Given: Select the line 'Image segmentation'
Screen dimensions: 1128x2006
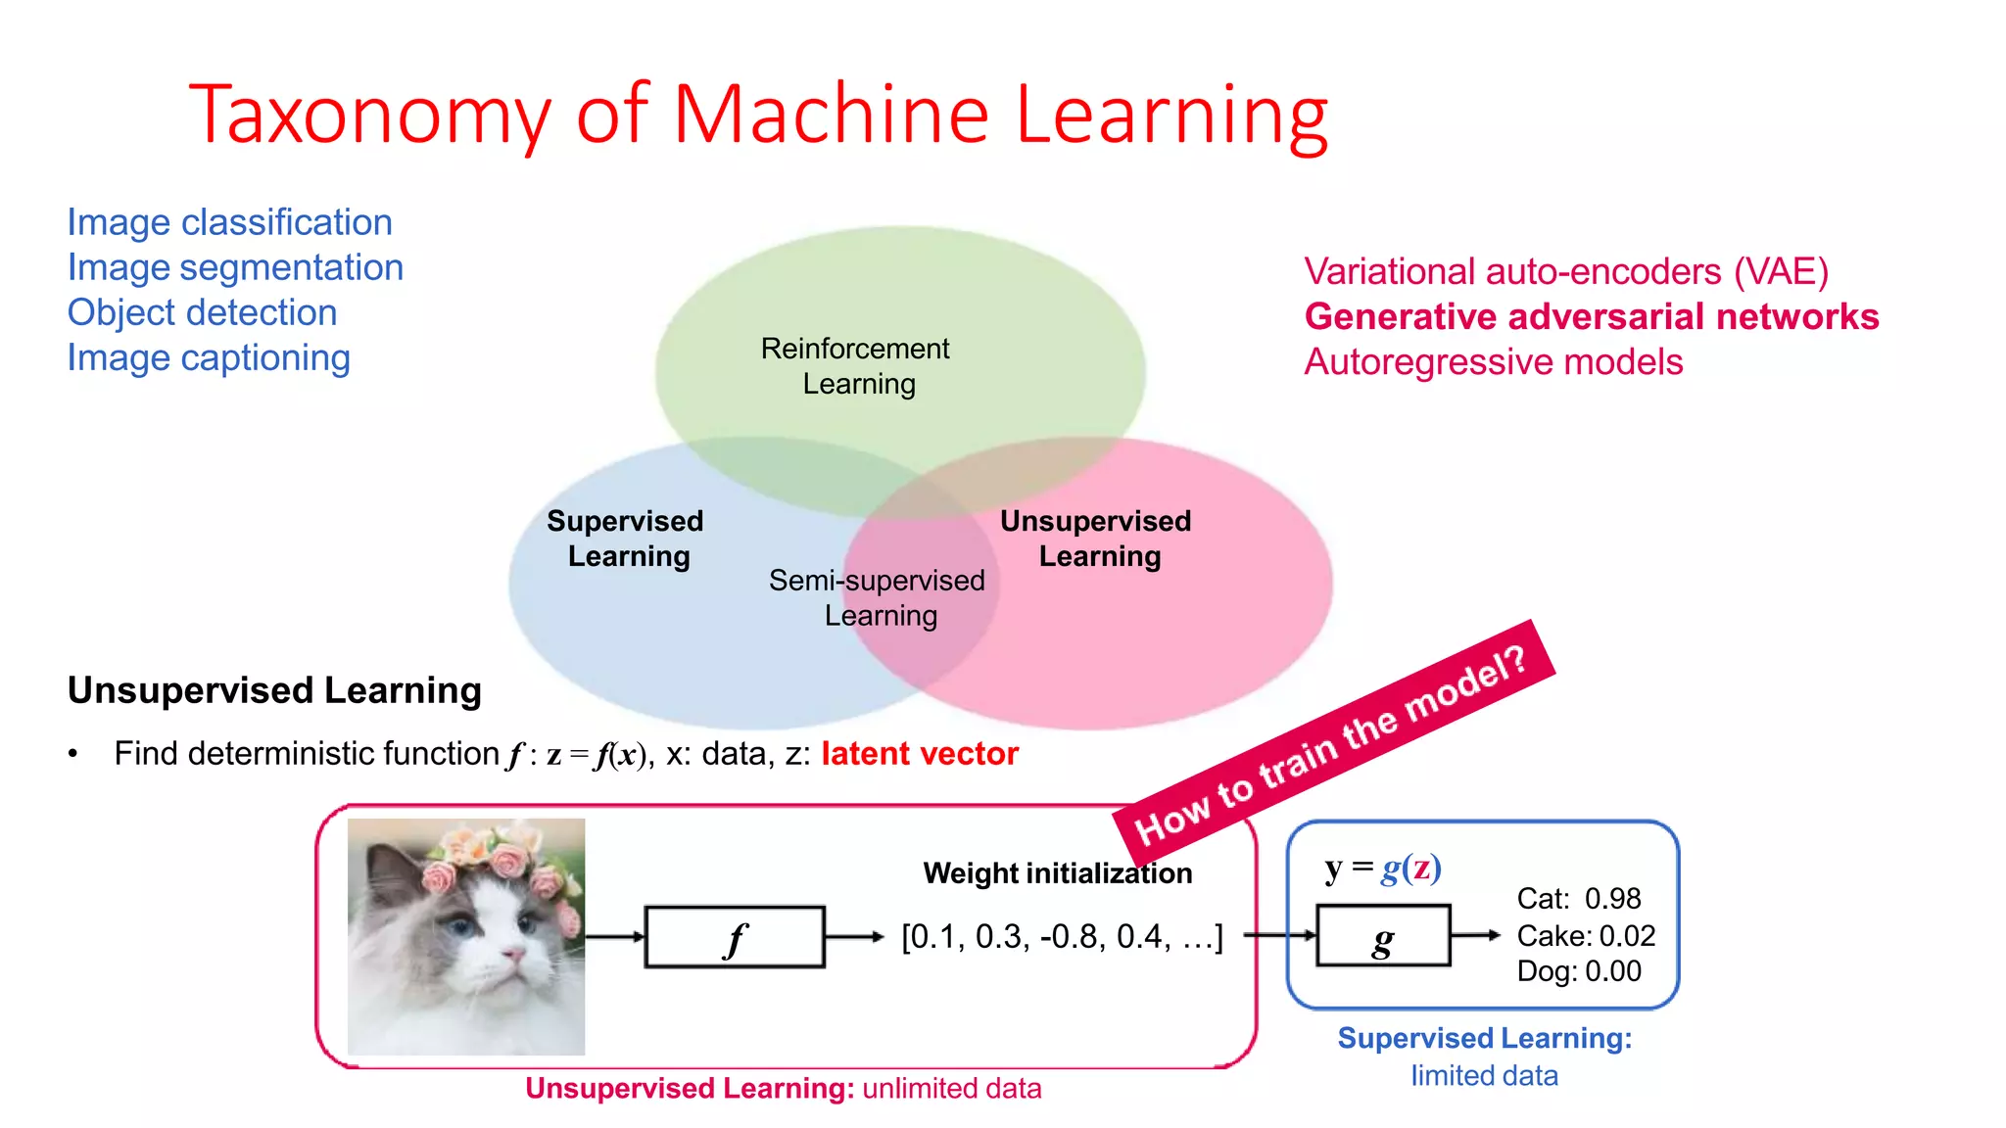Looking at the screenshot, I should pos(235,267).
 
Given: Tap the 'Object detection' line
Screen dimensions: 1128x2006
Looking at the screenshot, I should pos(202,312).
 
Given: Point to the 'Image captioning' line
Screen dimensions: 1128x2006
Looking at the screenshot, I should pos(208,357).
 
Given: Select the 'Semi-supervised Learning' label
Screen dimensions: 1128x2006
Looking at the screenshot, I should pos(877,597).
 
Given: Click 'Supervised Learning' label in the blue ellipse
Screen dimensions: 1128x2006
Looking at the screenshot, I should pos(626,538).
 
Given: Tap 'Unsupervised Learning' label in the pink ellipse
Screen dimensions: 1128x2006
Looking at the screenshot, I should pos(1096,538).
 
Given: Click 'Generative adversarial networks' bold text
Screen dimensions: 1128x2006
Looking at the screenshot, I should pos(1591,316).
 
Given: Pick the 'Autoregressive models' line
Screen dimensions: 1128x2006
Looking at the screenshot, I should pos(1493,361).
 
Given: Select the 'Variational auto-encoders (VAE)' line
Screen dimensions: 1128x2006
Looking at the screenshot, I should pos(1565,271).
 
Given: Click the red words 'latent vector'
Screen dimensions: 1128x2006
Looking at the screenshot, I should pos(919,753).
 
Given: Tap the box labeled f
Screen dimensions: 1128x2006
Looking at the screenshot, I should pos(735,937).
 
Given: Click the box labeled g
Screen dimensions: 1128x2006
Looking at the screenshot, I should pos(1382,936).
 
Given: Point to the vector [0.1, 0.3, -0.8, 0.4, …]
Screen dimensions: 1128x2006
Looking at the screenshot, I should pos(1062,936).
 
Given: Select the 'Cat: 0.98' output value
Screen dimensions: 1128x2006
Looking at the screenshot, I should pos(1578,898).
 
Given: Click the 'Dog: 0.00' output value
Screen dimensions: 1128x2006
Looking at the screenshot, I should pos(1578,970).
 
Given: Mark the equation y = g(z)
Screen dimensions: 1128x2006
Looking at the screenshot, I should pos(1382,868).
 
